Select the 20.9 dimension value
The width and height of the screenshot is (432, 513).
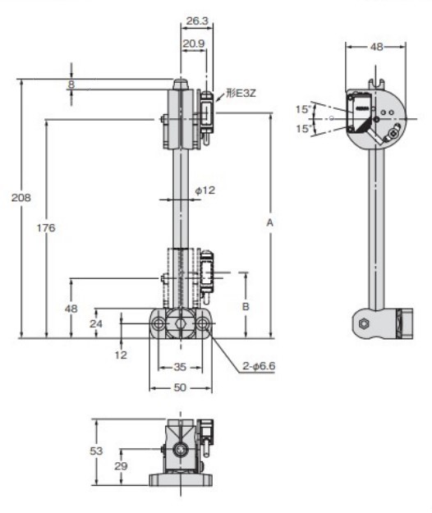click(x=194, y=42)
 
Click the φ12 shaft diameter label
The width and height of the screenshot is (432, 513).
click(x=205, y=190)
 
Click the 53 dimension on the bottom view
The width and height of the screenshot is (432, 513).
click(x=97, y=451)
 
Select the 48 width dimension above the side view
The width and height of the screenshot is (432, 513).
click(x=376, y=47)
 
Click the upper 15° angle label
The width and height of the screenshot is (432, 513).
click(x=305, y=109)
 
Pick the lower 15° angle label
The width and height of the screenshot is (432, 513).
click(x=305, y=129)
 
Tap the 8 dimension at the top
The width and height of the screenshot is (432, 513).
click(x=71, y=85)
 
